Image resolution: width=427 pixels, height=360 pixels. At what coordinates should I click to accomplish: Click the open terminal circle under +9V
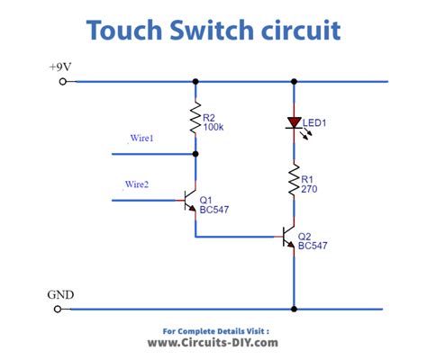(x=62, y=82)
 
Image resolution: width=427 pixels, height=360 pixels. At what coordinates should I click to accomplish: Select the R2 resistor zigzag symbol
(x=195, y=117)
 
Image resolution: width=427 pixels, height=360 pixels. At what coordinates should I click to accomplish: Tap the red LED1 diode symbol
(x=294, y=123)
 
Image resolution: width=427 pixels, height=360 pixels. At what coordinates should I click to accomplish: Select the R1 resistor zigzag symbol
(x=294, y=179)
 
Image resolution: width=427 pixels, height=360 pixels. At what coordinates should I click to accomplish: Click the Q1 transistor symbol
(x=190, y=201)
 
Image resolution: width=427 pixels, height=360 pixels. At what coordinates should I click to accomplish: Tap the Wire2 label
(x=137, y=184)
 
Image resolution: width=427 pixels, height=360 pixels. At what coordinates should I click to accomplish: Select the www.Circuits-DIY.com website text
(x=213, y=343)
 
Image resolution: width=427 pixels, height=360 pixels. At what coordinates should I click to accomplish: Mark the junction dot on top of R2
(x=195, y=82)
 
